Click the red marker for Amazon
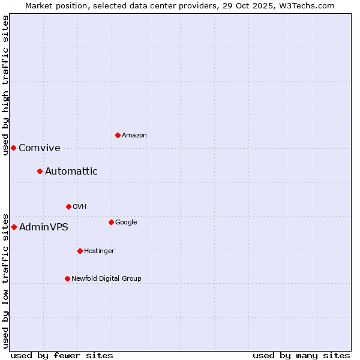118,135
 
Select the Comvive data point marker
13,148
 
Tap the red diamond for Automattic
40,171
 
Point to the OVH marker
68,206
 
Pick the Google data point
111,222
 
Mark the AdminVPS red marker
14,227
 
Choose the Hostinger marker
80,251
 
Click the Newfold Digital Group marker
67,278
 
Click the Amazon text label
134,136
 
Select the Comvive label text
40,148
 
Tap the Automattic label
71,172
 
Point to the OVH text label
80,207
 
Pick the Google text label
126,223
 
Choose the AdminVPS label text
44,227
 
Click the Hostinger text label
99,251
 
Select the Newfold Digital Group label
107,279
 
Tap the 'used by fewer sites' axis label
62,355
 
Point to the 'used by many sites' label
301,355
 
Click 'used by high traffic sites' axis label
5,85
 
